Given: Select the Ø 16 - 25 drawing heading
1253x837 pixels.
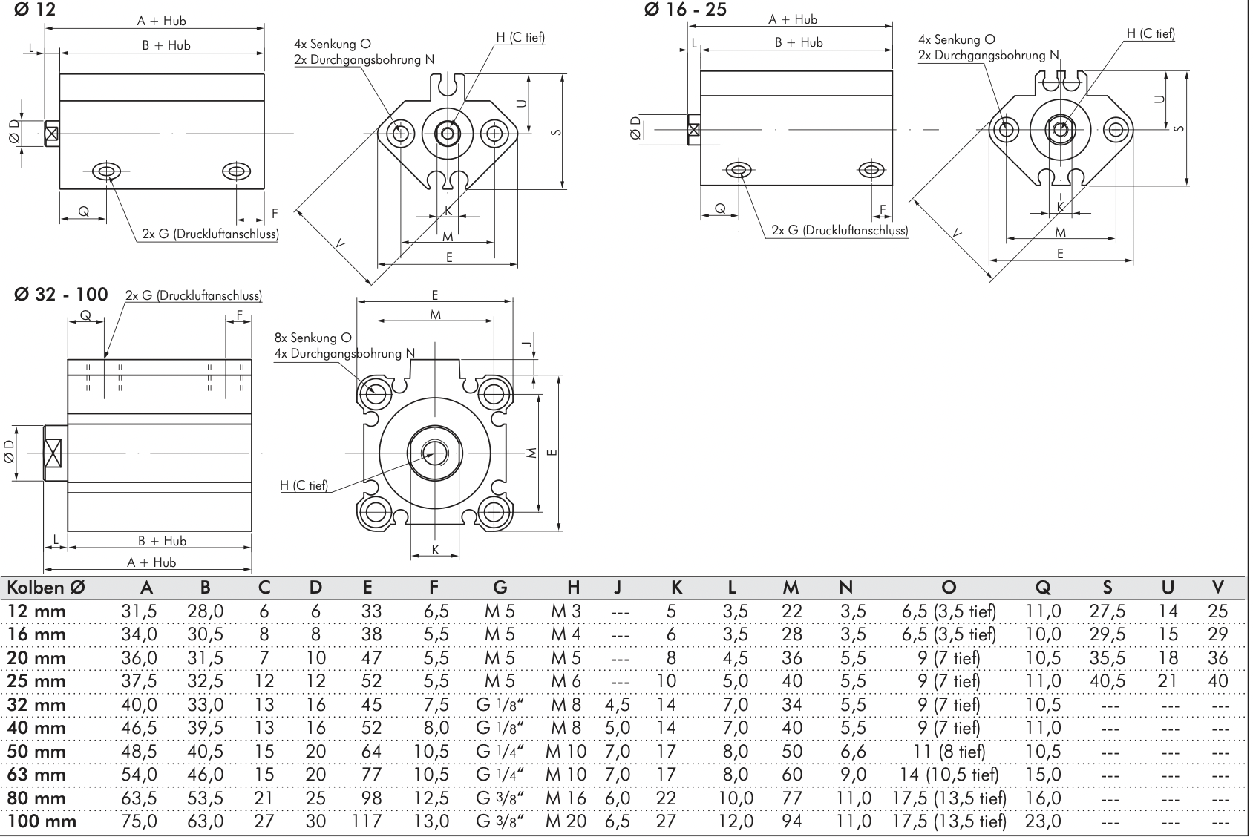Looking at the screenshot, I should pos(686,10).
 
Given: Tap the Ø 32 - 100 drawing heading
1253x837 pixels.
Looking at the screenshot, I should pos(60,295).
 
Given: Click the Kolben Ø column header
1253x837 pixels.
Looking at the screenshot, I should pos(46,588).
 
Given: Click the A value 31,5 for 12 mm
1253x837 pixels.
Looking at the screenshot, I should pos(139,611).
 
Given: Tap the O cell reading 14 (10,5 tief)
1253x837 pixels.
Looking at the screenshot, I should pos(949,775).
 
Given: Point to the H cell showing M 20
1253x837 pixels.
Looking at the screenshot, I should pos(566,821).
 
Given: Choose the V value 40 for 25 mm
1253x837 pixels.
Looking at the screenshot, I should pos(1217,681).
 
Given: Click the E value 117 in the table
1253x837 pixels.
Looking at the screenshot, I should pos(367,821).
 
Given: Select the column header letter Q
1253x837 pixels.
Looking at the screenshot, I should pos(1043,588).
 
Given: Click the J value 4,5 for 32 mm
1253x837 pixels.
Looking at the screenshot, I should pos(618,705).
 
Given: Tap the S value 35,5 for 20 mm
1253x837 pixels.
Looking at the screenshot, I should pos(1108,658).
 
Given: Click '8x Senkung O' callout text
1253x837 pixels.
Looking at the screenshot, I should pos(312,338).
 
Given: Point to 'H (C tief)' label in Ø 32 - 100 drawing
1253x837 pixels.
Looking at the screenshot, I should pos(304,485).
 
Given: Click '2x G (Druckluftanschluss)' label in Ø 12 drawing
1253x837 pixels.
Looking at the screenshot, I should pos(210,234).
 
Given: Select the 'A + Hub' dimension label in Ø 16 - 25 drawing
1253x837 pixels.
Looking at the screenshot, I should pos(793,20).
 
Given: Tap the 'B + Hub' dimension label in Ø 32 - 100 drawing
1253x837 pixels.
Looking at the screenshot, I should pos(162,541).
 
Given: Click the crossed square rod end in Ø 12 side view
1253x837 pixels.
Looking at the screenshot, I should pos(51,134).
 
